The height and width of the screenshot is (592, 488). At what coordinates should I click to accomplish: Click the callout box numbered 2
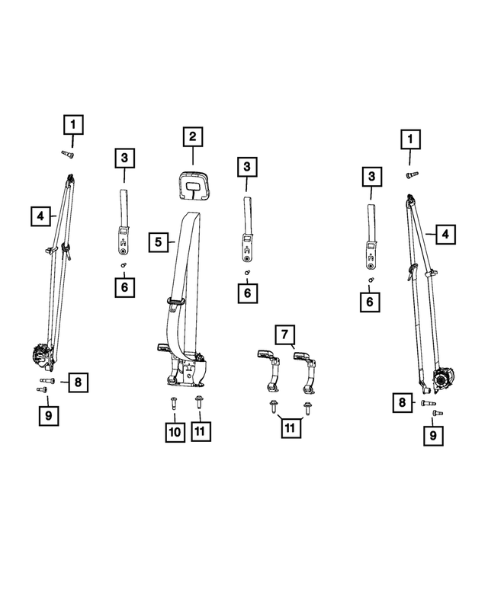[193, 137]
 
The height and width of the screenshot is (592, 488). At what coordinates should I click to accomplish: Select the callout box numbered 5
[158, 242]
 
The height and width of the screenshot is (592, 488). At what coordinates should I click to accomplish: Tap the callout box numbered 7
[284, 334]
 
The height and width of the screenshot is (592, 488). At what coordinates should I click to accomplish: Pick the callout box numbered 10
[175, 432]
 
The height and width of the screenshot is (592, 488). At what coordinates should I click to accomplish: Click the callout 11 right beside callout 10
[200, 432]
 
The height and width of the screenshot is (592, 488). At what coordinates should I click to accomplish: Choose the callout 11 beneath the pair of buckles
[290, 427]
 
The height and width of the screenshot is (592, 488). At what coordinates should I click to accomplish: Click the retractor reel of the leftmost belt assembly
[40, 356]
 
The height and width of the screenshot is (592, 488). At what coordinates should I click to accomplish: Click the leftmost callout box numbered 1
[73, 123]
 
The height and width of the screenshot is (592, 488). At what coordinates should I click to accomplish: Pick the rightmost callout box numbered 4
[446, 234]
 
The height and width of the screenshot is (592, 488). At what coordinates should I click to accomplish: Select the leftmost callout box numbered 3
[124, 158]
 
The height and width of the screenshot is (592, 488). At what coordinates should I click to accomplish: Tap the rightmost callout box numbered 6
[371, 302]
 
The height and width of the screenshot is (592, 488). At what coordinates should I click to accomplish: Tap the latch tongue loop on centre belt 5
[175, 300]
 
